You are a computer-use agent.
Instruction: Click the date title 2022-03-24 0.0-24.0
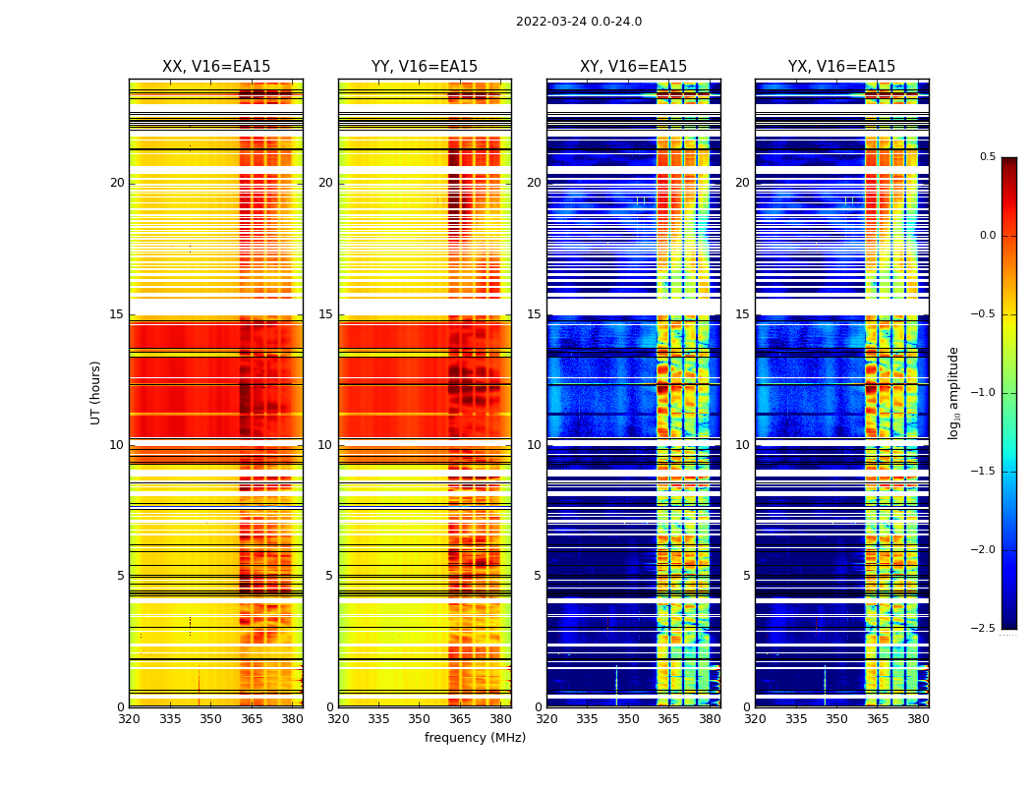(x=579, y=22)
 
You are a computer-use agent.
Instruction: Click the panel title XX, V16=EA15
(x=216, y=67)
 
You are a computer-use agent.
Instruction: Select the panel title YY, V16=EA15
(x=425, y=67)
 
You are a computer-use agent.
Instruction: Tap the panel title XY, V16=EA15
(x=633, y=67)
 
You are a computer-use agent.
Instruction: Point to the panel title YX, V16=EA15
(x=841, y=67)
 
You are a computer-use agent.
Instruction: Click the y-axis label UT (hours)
(x=96, y=392)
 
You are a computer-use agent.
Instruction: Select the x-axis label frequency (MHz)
(x=475, y=738)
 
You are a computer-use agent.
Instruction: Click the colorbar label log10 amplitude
(x=953, y=392)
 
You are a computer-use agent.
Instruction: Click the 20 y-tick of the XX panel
(x=117, y=183)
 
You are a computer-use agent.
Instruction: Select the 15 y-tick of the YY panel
(x=325, y=314)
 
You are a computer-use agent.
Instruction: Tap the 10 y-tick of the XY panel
(x=534, y=445)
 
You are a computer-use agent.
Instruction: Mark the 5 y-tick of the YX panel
(x=746, y=576)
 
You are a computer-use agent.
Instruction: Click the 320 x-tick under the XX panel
(x=129, y=718)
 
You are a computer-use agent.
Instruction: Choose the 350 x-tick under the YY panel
(x=420, y=718)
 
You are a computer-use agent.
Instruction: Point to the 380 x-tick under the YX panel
(x=918, y=718)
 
